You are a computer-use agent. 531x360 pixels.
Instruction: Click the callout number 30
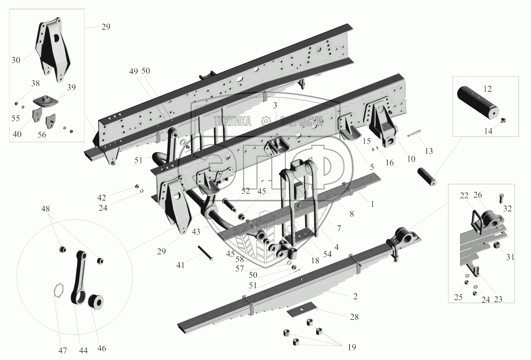(16, 60)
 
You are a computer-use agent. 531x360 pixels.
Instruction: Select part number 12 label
(488, 89)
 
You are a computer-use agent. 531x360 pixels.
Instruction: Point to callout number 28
(354, 317)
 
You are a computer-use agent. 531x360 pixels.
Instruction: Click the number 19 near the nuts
(352, 347)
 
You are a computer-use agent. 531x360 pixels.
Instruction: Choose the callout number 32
(507, 209)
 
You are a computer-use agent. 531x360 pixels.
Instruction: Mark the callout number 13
(429, 151)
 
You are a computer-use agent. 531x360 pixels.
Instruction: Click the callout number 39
(71, 87)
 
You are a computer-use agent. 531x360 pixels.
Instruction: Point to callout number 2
(355, 296)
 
